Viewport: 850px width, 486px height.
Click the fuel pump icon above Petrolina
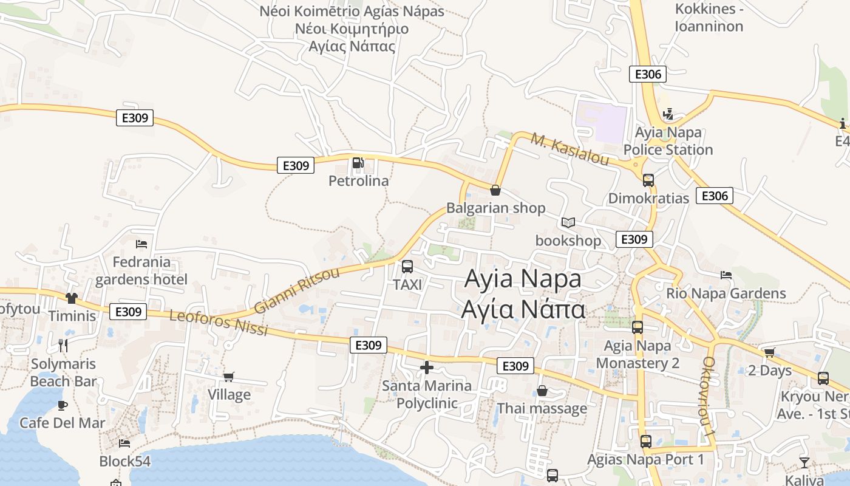pyautogui.click(x=358, y=163)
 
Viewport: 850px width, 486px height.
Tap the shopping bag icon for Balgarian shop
pyautogui.click(x=495, y=190)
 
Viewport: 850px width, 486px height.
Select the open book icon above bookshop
pyautogui.click(x=568, y=223)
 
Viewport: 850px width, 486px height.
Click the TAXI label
pyautogui.click(x=407, y=284)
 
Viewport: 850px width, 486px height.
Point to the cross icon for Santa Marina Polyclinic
pyautogui.click(x=427, y=367)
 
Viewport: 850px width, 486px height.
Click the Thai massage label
pyautogui.click(x=542, y=408)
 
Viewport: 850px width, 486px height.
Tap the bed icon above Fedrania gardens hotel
pyautogui.click(x=141, y=244)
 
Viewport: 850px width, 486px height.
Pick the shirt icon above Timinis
pyautogui.click(x=72, y=298)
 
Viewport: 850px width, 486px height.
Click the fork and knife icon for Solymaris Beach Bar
pyautogui.click(x=63, y=346)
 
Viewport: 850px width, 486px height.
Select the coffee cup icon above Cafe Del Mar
pyautogui.click(x=62, y=405)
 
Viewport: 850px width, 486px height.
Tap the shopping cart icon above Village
pyautogui.click(x=229, y=377)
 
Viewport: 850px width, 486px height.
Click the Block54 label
pyautogui.click(x=125, y=461)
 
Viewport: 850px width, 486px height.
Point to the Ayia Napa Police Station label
pyautogui.click(x=668, y=141)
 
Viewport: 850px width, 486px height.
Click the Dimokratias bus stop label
pyautogui.click(x=648, y=198)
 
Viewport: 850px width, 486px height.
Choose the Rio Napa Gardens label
pyautogui.click(x=726, y=293)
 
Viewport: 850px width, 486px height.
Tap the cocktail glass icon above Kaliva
pyautogui.click(x=804, y=463)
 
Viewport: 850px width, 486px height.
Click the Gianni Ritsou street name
pyautogui.click(x=297, y=290)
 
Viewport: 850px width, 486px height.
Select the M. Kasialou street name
pyautogui.click(x=570, y=149)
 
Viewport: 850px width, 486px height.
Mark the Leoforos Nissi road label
pyautogui.click(x=218, y=323)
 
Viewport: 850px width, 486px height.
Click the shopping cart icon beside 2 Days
pyautogui.click(x=770, y=352)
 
